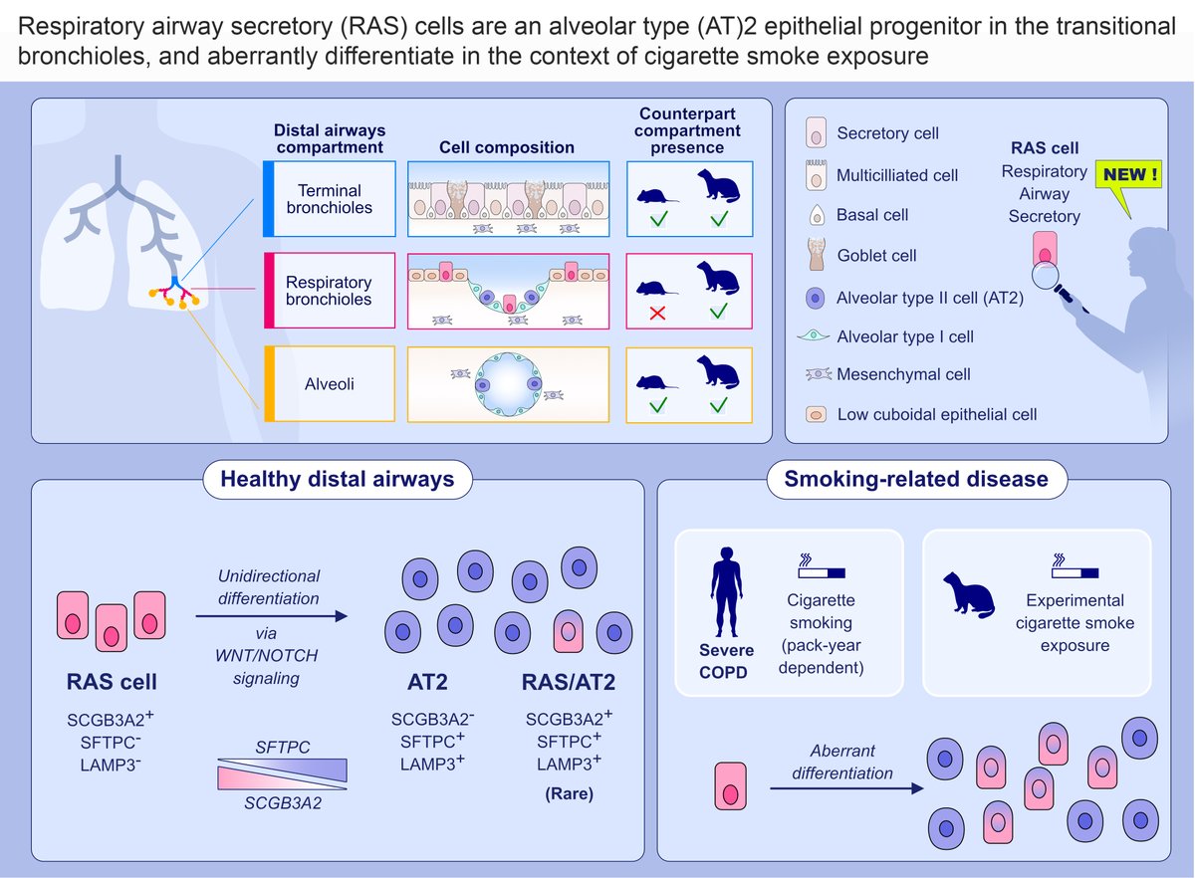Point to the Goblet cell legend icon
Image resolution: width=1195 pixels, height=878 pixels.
click(x=816, y=255)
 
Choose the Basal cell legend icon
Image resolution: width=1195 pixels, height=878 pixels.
click(x=816, y=214)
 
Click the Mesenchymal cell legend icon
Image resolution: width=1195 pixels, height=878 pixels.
click(x=816, y=374)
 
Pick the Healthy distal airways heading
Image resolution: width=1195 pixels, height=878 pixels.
click(x=337, y=479)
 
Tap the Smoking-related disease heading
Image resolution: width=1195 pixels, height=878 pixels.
click(x=916, y=479)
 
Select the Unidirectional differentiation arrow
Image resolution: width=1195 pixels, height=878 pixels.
click(x=272, y=617)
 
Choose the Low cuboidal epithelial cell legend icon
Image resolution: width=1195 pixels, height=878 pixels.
click(x=816, y=414)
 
